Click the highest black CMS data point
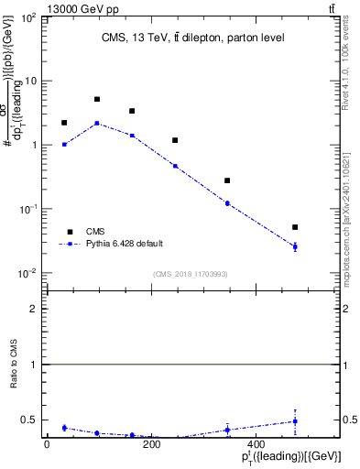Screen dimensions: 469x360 coord(97,99)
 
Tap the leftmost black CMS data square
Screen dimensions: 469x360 coord(64,123)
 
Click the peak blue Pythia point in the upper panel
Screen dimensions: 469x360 coord(97,123)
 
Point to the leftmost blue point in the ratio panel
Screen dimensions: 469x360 coord(64,428)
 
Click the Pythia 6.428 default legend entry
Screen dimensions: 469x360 coord(124,244)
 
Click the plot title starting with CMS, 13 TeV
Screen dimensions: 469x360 coord(192,38)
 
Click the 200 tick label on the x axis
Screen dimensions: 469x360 coord(152,444)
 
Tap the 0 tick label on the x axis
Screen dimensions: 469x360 coord(47,444)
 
